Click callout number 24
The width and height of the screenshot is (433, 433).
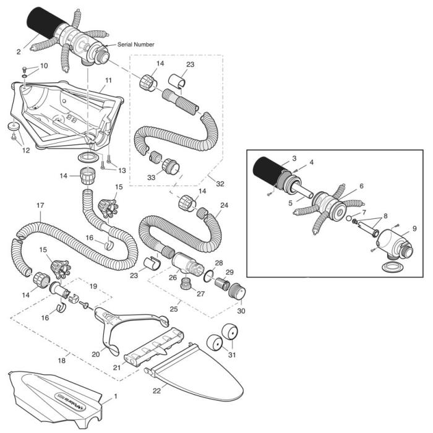[224, 205]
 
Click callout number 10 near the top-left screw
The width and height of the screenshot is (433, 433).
[43, 65]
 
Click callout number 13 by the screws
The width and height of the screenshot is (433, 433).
[121, 170]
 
